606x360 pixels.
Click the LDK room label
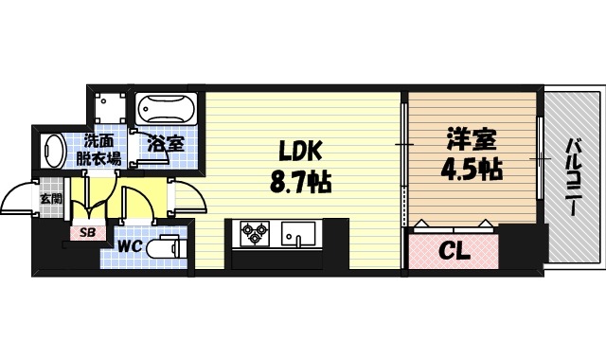pyautogui.click(x=300, y=151)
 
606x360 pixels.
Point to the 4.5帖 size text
pyautogui.click(x=471, y=171)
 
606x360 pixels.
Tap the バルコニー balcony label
pyautogui.click(x=573, y=179)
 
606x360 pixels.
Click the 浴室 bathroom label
pyautogui.click(x=166, y=146)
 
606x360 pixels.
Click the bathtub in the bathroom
pyautogui.click(x=166, y=111)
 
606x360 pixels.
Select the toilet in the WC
pyautogui.click(x=169, y=245)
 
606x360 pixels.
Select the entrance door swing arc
pyautogui.click(x=17, y=199)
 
